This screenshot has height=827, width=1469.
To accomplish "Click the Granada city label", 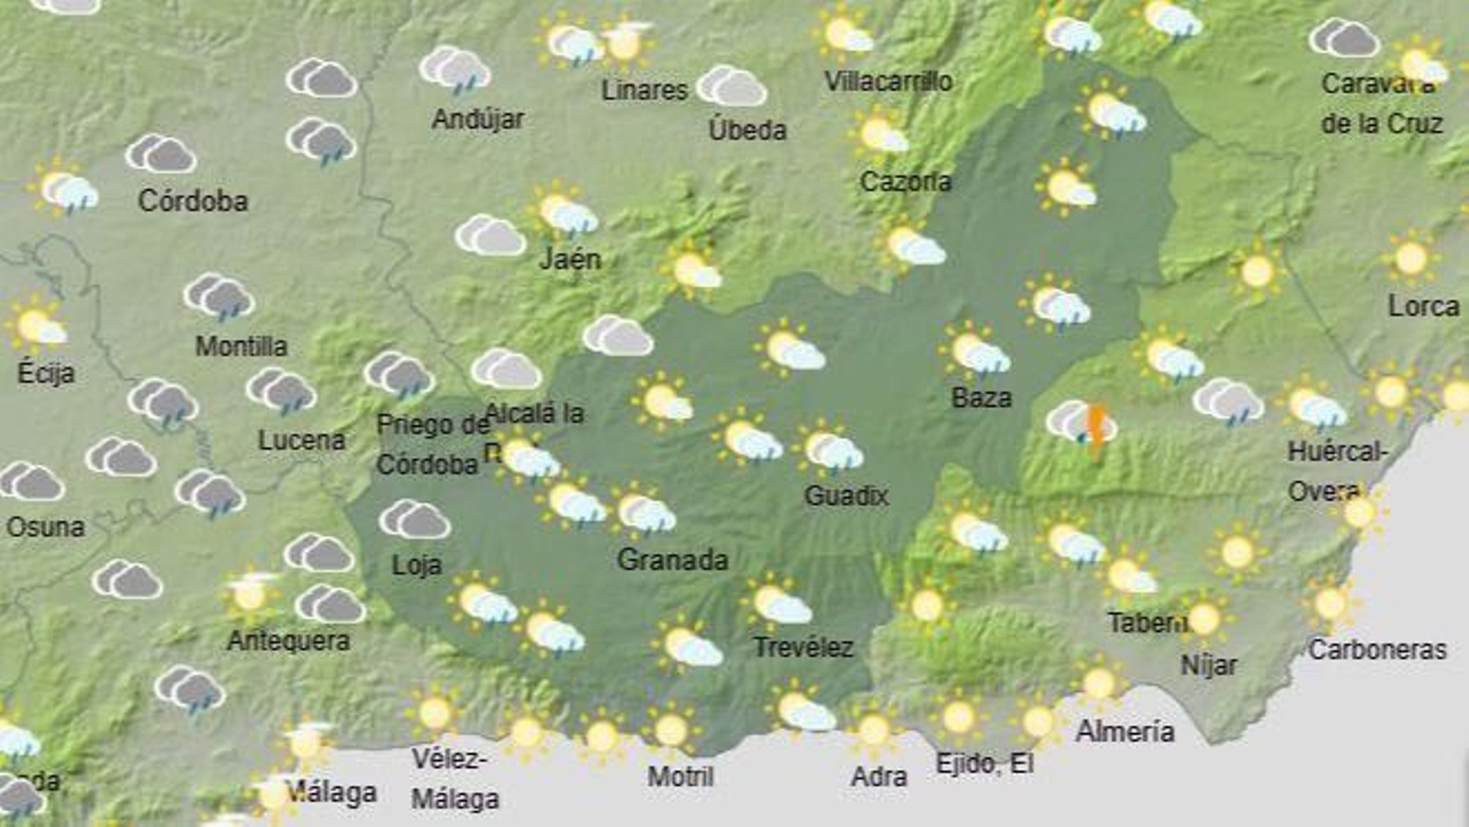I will [672, 559].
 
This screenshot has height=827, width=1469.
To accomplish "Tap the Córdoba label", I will [193, 200].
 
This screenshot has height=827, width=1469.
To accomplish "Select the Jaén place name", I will [570, 259].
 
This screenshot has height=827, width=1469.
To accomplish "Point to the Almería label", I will [1125, 731].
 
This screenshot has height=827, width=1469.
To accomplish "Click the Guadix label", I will [846, 496].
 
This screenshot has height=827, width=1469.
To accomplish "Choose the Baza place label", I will [981, 397].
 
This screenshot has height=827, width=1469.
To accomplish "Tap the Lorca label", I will [1423, 306].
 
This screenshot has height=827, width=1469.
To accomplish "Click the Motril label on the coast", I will [680, 777].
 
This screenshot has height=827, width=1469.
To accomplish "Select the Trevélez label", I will [803, 647].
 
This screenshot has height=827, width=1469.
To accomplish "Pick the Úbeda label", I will [747, 129].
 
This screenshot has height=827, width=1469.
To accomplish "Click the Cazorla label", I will [905, 182].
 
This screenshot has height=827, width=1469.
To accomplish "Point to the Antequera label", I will [288, 640].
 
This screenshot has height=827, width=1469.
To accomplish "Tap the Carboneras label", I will [1377, 650].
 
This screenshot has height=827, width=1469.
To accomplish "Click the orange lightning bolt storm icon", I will [1095, 426].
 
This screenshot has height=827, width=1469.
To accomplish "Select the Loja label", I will [417, 564].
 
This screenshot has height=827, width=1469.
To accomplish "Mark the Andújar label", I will [477, 118].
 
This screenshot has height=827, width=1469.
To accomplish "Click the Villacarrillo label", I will [888, 81].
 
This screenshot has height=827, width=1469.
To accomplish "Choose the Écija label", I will [46, 372].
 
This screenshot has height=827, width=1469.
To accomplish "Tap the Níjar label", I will [1208, 665].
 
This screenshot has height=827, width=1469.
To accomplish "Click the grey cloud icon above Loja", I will [415, 520].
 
